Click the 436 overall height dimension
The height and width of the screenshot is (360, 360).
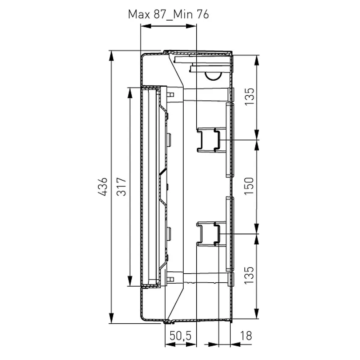[103, 186]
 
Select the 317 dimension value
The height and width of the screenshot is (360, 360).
[122, 186]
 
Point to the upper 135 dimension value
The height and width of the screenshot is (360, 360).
[249, 96]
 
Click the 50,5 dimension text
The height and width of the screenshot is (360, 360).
[180, 336]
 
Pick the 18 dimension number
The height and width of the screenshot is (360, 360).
[246, 336]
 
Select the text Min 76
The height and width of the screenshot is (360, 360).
[191, 14]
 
